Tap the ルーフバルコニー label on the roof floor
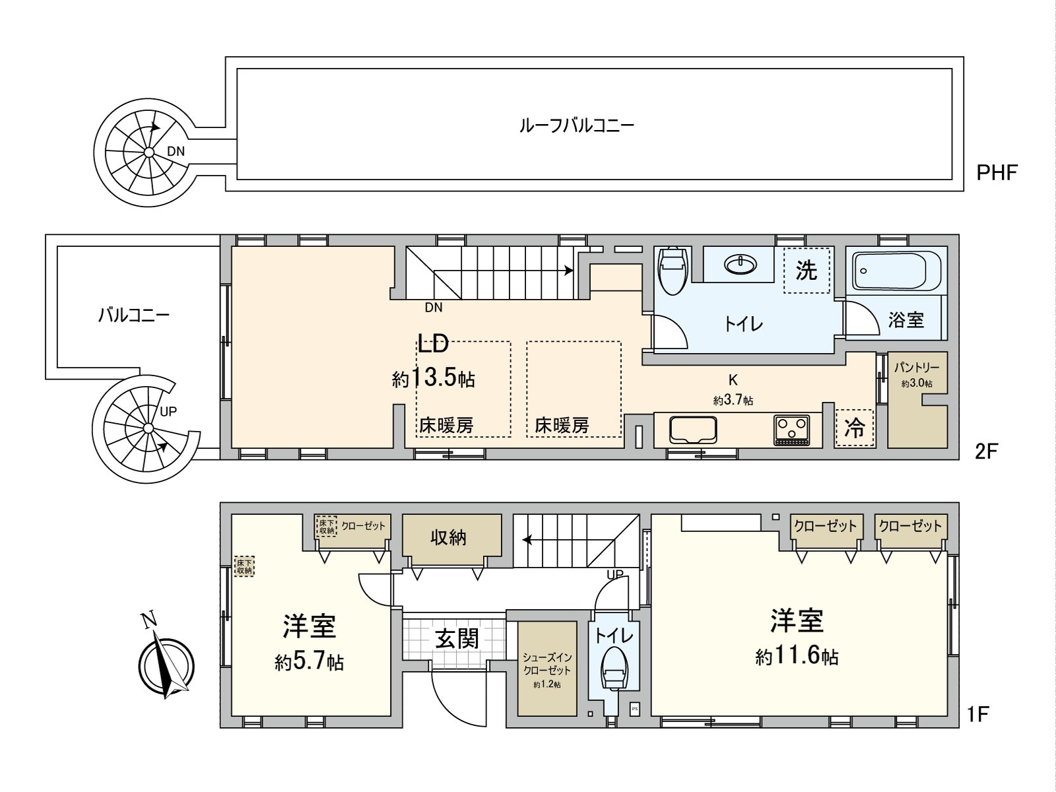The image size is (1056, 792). pyautogui.click(x=576, y=125)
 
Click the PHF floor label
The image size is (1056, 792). pyautogui.click(x=997, y=173)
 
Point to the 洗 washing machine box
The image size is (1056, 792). pyautogui.click(x=806, y=271)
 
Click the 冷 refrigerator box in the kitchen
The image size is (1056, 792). pyautogui.click(x=854, y=429)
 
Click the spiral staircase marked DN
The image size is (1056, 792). pyautogui.click(x=148, y=152)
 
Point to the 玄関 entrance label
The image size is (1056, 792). pyautogui.click(x=456, y=638)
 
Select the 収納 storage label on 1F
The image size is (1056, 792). pyautogui.click(x=449, y=537)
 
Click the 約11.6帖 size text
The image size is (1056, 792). pyautogui.click(x=797, y=656)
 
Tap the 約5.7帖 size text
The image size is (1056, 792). pyautogui.click(x=309, y=661)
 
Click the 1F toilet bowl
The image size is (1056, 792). pyautogui.click(x=614, y=670)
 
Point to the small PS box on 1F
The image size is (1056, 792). pyautogui.click(x=634, y=708)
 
